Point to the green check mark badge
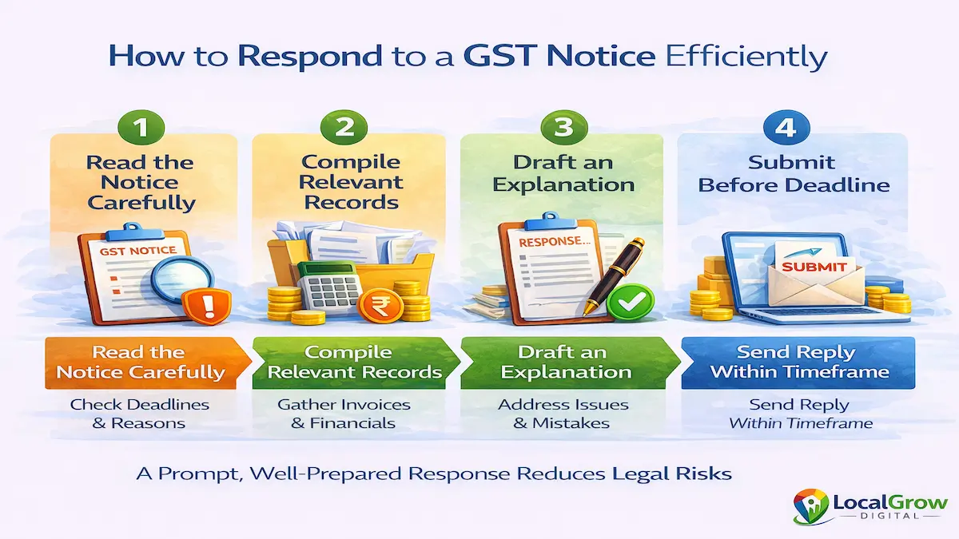(x=629, y=301)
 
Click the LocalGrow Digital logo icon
(x=811, y=505)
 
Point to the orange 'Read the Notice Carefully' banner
(x=141, y=362)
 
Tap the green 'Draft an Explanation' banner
(x=564, y=362)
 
